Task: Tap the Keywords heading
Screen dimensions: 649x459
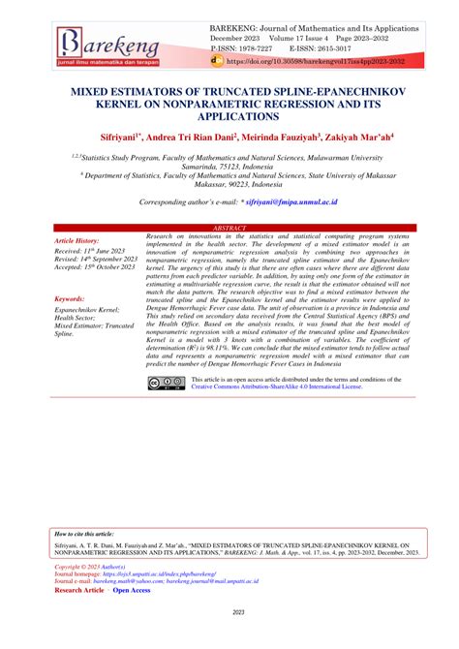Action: pos(71,300)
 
